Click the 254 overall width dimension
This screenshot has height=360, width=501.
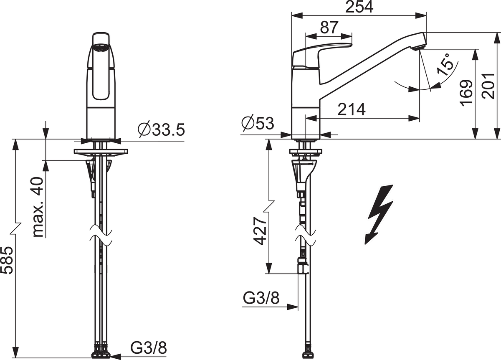coord(359,7)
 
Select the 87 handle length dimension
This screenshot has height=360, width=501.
coord(329,28)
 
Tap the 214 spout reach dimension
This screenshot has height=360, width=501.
coord(352,109)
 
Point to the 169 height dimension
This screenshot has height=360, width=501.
coord(466,93)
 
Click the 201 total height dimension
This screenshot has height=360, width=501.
coord(488,86)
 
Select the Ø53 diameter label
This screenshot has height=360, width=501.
coord(258,123)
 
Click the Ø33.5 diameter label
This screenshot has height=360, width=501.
coord(161,129)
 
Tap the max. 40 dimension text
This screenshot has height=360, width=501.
coord(38,207)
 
